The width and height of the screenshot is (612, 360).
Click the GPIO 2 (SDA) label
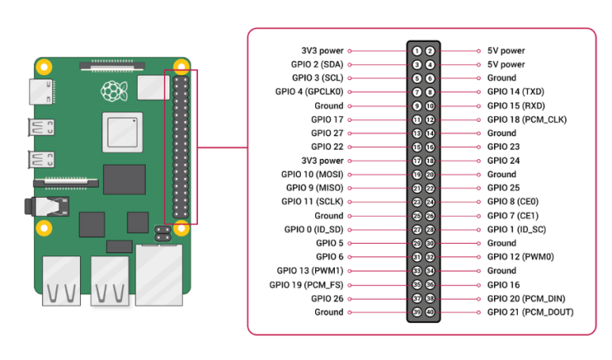pyautogui.click(x=317, y=64)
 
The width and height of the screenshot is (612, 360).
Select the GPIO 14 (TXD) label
pyautogui.click(x=515, y=92)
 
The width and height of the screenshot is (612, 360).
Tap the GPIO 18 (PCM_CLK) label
pyautogui.click(x=526, y=119)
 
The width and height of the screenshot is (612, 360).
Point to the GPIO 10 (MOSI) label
pyautogui.click(x=312, y=174)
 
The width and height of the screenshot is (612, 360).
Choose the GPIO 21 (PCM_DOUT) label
pyautogui.click(x=530, y=312)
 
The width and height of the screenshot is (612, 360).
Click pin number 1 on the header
pyautogui.click(x=416, y=51)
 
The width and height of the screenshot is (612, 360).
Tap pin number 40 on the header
pyautogui.click(x=430, y=312)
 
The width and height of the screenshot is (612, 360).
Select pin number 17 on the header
pyautogui.click(x=416, y=161)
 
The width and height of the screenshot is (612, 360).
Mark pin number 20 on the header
pyautogui.click(x=430, y=174)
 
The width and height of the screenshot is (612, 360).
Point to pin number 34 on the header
pyautogui.click(x=430, y=271)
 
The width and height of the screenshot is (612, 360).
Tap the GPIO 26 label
pyautogui.click(x=327, y=298)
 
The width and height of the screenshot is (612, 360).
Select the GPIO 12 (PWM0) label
pyautogui.click(x=520, y=257)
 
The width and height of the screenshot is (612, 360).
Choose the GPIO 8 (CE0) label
pyautogui.click(x=514, y=202)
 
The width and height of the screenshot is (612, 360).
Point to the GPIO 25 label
pyautogui.click(x=503, y=188)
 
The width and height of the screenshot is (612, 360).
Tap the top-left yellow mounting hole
pyautogui.click(x=46, y=67)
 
